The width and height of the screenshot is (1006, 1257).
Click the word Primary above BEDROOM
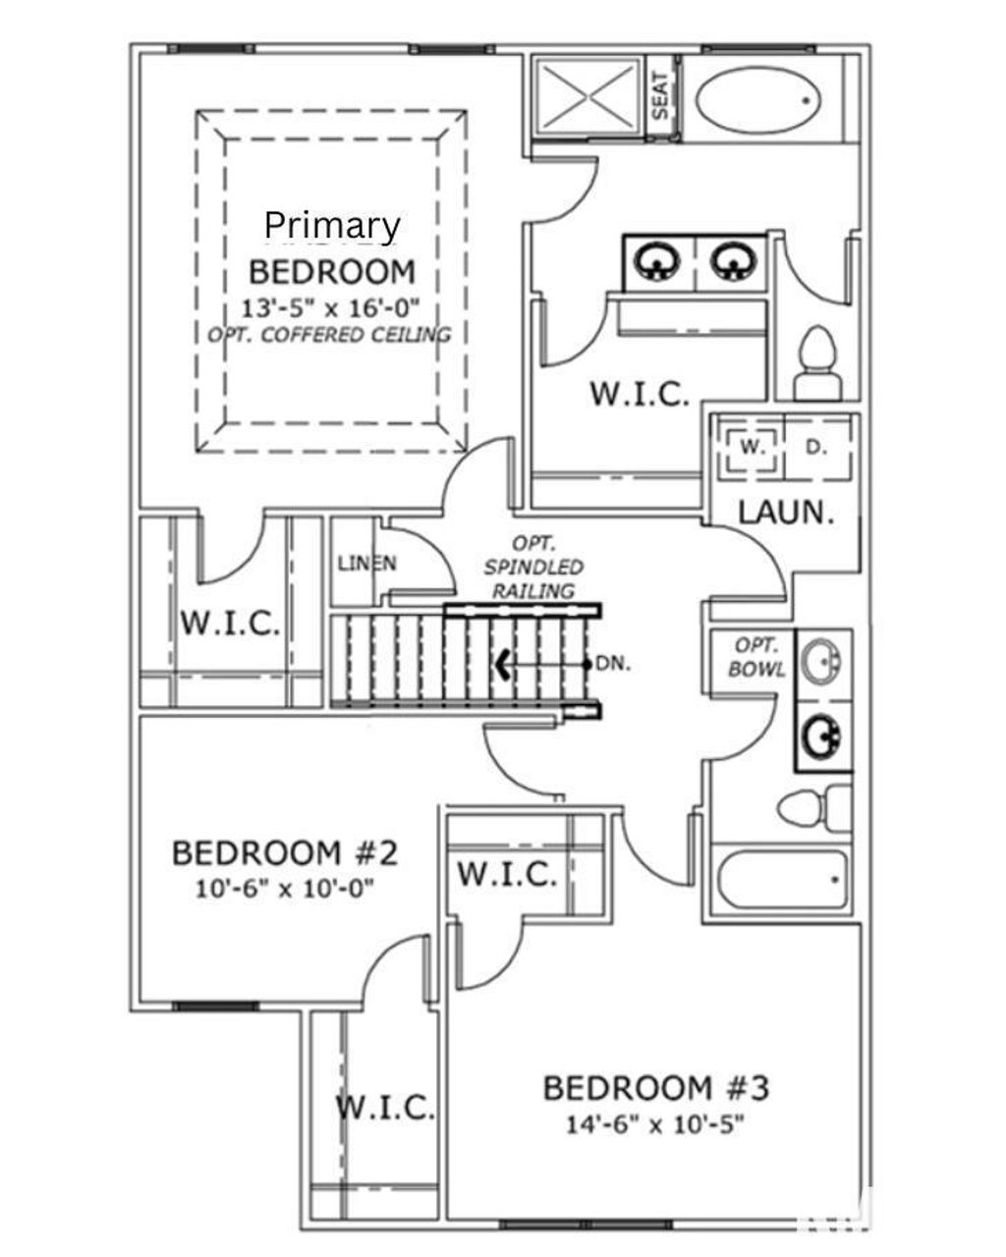(332, 226)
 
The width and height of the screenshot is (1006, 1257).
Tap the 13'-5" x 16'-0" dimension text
(332, 306)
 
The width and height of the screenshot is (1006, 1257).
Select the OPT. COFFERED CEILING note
(330, 334)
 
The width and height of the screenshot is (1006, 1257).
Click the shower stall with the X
(587, 94)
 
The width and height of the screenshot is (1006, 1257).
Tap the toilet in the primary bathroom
(816, 364)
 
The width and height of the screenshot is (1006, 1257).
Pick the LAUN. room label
(786, 512)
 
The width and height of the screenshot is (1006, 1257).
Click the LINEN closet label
(366, 564)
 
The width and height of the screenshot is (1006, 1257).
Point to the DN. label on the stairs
(613, 664)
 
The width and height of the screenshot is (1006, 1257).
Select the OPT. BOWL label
(757, 657)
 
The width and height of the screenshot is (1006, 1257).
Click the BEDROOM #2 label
(285, 852)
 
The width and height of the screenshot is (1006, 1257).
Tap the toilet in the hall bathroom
(813, 807)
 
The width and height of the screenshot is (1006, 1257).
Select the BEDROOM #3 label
(655, 1088)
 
